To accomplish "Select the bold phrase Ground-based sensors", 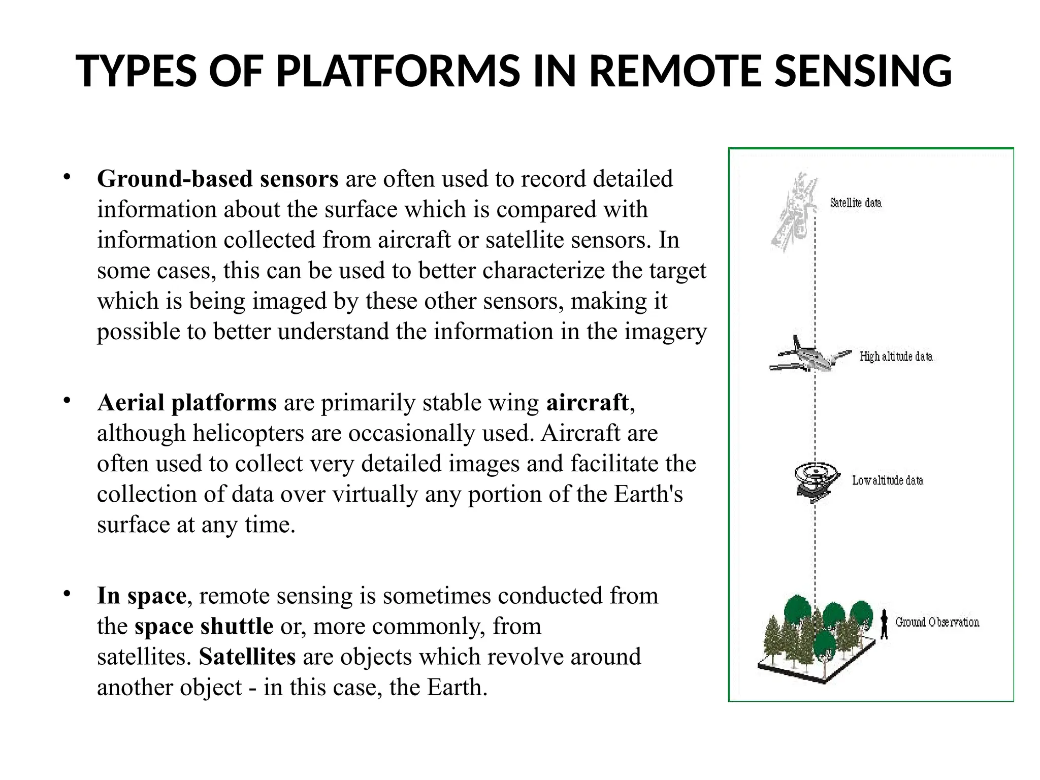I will (x=217, y=179).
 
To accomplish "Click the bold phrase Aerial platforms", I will (x=187, y=403).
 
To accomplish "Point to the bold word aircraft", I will (x=588, y=403).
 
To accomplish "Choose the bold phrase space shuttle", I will (x=204, y=626).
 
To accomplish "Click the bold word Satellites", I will (x=247, y=657).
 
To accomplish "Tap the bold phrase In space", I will (x=142, y=596).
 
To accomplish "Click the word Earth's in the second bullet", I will (x=648, y=494).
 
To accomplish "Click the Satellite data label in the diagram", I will (x=856, y=203).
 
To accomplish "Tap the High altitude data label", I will (x=896, y=356).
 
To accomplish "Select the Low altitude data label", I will (x=887, y=480).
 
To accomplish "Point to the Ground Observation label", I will (x=937, y=622).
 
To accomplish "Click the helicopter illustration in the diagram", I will (x=815, y=481).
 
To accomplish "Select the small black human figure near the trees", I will (x=884, y=624).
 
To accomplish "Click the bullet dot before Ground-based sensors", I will (x=67, y=177).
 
